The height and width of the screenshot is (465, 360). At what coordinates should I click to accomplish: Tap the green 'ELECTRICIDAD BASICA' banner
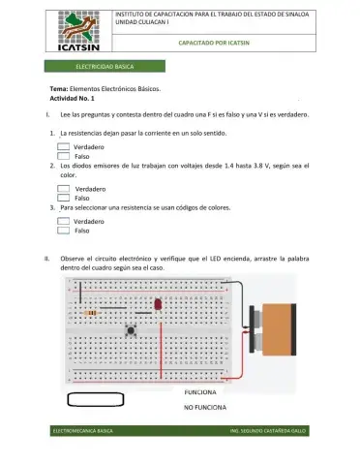coord(105,66)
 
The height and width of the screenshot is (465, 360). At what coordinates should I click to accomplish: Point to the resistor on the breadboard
coord(91,313)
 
